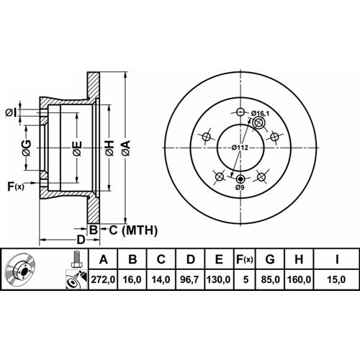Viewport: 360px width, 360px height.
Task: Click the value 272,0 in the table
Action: (x=103, y=279)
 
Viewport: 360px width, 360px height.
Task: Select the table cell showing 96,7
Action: (x=190, y=279)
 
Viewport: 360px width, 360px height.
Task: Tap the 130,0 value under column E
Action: (x=219, y=279)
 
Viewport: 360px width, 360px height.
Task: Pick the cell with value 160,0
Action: (x=299, y=279)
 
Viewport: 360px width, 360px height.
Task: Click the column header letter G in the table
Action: (x=270, y=259)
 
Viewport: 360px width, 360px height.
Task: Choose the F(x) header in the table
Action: (x=245, y=259)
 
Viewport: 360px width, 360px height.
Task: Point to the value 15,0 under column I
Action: (x=337, y=279)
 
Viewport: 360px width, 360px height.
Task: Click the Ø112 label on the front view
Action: (x=240, y=148)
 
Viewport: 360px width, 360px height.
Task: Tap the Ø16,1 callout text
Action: (x=260, y=113)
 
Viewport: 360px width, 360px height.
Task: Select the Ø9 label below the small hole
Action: (x=240, y=187)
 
